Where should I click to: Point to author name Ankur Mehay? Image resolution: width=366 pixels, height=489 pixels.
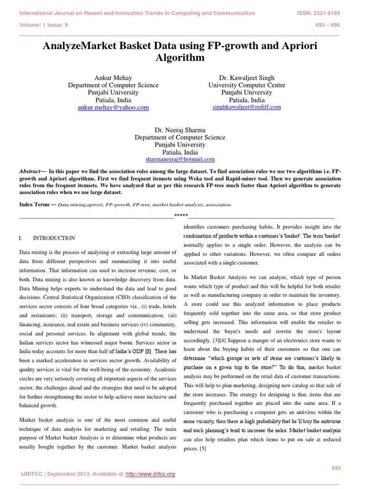[113, 78]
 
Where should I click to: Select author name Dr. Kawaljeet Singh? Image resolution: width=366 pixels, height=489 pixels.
[246, 78]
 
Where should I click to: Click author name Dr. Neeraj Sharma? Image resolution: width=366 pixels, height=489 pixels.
[180, 130]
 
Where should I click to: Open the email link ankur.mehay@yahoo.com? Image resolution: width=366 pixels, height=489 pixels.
[113, 108]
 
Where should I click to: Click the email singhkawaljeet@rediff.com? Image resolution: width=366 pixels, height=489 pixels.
[246, 107]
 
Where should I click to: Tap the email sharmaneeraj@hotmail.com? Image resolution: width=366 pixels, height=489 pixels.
[180, 159]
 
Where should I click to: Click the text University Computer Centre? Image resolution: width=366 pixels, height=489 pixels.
[246, 85]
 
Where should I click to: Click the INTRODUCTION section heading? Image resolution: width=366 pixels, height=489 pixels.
[53, 238]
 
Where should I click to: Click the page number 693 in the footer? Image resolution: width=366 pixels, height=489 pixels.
[336, 468]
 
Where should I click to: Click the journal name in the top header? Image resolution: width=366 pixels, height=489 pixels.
[137, 13]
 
